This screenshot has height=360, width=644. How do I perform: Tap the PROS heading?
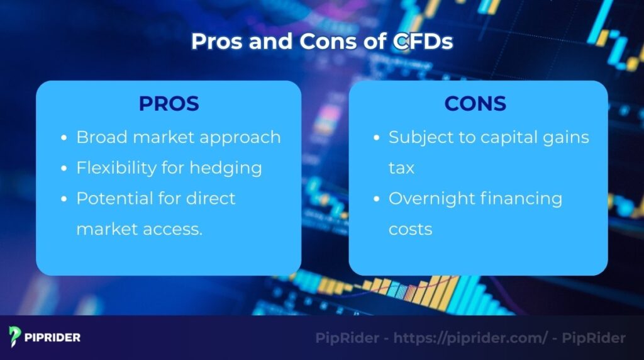[x=169, y=104]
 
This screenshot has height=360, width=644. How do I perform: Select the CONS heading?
[x=475, y=104]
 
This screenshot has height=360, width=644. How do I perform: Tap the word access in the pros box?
[x=174, y=229]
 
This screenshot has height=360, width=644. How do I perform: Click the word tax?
[x=401, y=168]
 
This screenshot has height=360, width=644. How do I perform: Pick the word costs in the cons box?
[x=410, y=229]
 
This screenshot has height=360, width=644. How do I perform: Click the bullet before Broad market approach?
[x=65, y=138]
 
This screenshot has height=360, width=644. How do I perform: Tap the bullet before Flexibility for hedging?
[x=65, y=169]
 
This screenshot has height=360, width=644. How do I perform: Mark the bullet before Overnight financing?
[x=377, y=199]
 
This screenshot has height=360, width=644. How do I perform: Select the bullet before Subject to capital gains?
[x=377, y=138]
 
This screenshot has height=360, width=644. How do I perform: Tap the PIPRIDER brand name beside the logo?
[x=53, y=337]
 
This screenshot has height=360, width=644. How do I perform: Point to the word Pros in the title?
[x=218, y=41]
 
